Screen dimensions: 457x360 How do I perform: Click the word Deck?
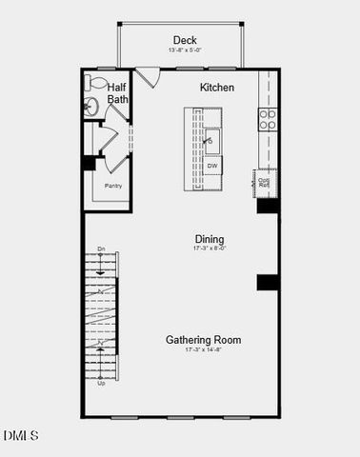185,39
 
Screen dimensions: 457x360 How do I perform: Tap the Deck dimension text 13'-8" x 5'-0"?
184,50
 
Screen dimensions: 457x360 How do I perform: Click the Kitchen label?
216,87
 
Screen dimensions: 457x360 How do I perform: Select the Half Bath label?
117,91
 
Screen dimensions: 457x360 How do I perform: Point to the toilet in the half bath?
93,82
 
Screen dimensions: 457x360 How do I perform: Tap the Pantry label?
112,187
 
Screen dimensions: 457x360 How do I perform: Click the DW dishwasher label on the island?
213,166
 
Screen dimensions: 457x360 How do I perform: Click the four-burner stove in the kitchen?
269,118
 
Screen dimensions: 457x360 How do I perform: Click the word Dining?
210,238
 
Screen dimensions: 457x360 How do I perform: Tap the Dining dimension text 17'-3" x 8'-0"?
210,248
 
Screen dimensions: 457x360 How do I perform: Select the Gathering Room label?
203,339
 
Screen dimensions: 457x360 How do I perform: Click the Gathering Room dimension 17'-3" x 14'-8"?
203,350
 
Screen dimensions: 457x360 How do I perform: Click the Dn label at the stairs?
101,250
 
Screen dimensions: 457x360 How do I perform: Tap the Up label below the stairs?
101,383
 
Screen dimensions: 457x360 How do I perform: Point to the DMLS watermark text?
21,436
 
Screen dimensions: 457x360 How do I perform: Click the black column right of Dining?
267,282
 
